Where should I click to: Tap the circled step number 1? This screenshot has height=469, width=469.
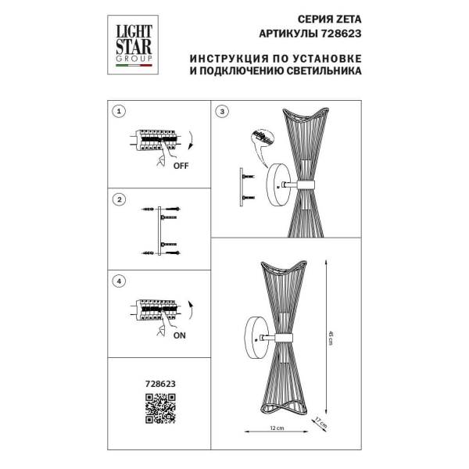click(x=119, y=112)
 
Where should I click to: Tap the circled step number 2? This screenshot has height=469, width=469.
click(x=119, y=199)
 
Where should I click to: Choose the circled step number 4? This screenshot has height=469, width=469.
click(x=119, y=280)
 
